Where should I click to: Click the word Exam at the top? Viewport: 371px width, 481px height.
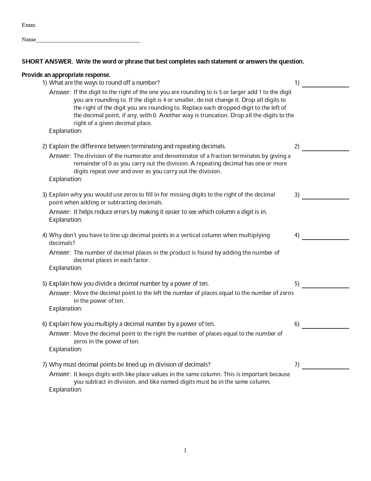pyautogui.click(x=28, y=25)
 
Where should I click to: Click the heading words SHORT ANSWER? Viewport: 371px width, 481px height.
pyautogui.click(x=47, y=62)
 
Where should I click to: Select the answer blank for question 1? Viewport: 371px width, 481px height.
pyautogui.click(x=325, y=86)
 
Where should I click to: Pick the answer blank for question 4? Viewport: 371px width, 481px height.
pyautogui.click(x=325, y=239)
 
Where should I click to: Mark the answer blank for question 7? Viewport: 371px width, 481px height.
pyautogui.click(x=325, y=368)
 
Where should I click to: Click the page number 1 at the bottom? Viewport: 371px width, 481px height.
pyautogui.click(x=185, y=450)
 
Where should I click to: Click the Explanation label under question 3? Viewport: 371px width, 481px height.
pyautogui.click(x=66, y=220)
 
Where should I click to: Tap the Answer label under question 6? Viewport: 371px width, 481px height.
pyautogui.click(x=60, y=334)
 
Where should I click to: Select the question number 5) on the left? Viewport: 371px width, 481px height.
pyautogui.click(x=45, y=284)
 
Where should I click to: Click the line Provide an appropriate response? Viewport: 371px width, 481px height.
pyautogui.click(x=66, y=75)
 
